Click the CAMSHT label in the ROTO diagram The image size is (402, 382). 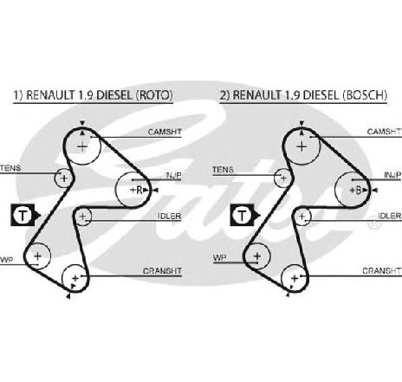[x=165, y=132]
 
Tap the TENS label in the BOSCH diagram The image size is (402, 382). [x=223, y=170]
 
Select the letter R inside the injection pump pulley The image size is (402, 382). [x=139, y=190]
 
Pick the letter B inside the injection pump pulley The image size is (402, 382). [x=359, y=191]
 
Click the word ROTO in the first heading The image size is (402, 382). [x=154, y=95]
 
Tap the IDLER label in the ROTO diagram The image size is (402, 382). [x=170, y=217]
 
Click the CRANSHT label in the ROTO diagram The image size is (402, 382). [x=162, y=271]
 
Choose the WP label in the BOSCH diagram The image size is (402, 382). [x=220, y=257]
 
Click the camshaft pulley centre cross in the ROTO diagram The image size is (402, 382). [x=82, y=147]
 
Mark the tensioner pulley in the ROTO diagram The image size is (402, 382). [x=63, y=178]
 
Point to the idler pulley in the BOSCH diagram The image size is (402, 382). [x=301, y=217]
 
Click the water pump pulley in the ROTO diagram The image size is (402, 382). [x=37, y=256]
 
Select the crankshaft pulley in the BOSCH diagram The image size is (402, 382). [x=295, y=279]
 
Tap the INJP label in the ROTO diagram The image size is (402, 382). [x=172, y=175]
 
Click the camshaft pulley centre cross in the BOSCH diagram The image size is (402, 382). [x=301, y=147]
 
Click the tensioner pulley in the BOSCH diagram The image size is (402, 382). [x=283, y=178]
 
